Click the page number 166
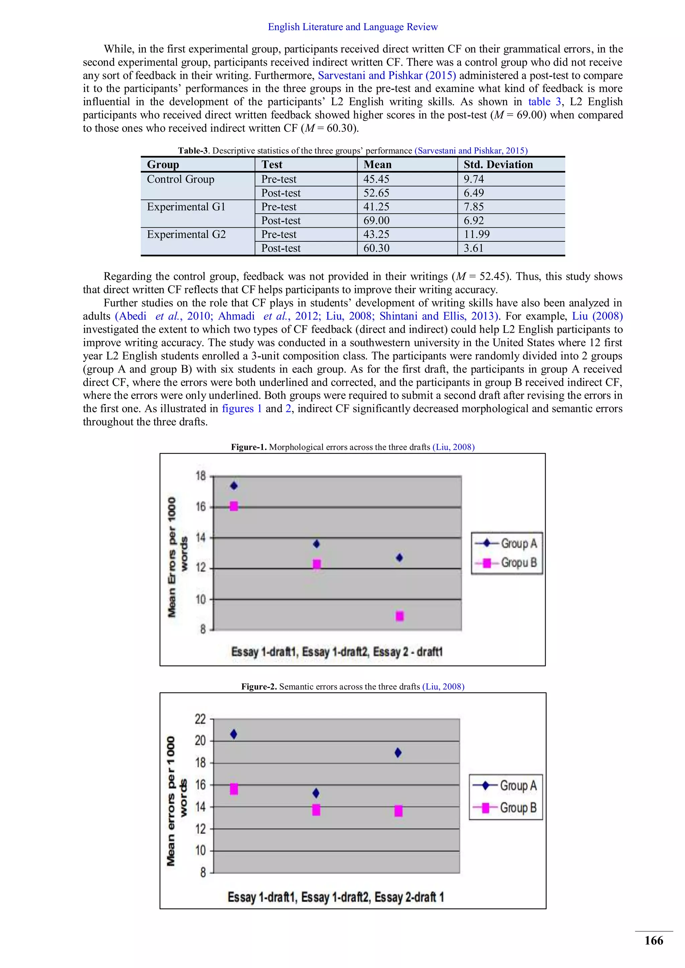click(653, 941)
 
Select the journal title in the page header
click(353, 27)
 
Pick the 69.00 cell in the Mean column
click(377, 221)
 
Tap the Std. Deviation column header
click(498, 164)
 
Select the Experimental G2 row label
click(186, 234)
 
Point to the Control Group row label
click(181, 179)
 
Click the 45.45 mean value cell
click(376, 179)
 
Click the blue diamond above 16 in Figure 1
click(234, 486)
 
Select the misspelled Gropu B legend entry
click(518, 563)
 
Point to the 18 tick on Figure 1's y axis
click(201, 476)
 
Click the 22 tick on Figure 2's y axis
click(200, 719)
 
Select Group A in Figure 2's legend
click(518, 785)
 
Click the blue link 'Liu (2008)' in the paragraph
click(597, 316)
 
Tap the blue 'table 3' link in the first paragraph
click(545, 102)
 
